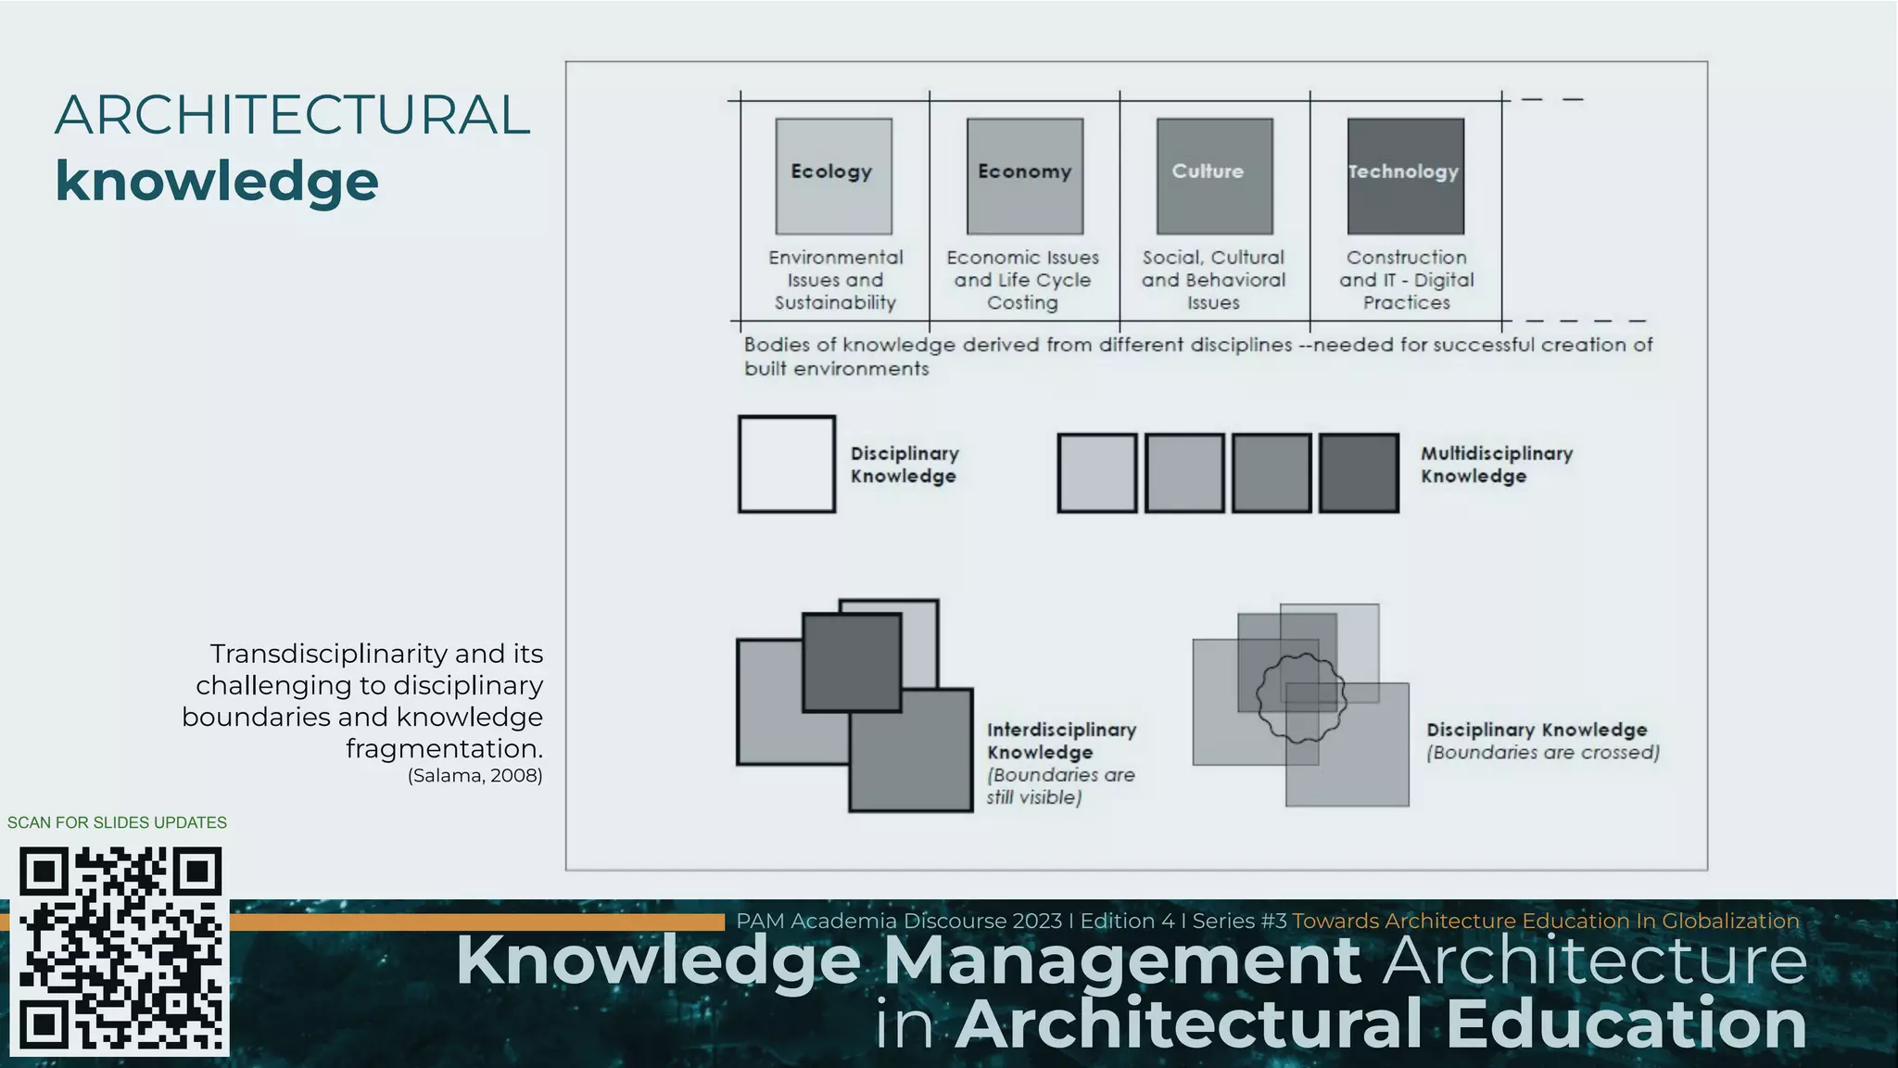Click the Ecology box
click(x=833, y=176)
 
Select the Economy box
click(x=1024, y=176)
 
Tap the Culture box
click(x=1214, y=176)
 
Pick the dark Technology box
click(x=1405, y=176)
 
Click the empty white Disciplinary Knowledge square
click(x=787, y=464)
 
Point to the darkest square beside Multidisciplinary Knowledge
click(x=1359, y=473)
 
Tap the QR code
click(x=120, y=949)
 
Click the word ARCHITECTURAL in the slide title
click(x=292, y=115)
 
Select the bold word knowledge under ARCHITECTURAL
click(x=217, y=181)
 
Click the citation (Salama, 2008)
click(x=474, y=776)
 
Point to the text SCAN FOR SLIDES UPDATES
click(x=117, y=822)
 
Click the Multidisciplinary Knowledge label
click(x=1496, y=464)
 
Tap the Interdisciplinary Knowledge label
click(x=1060, y=741)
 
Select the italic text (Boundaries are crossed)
click(x=1542, y=753)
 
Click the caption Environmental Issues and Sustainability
click(x=835, y=280)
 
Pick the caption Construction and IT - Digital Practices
click(x=1406, y=280)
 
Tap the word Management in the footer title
click(x=1121, y=961)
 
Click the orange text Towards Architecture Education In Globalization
click(x=1545, y=922)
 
